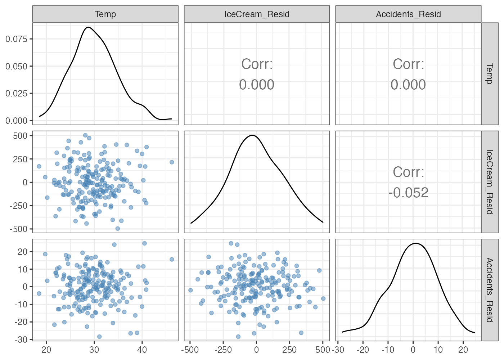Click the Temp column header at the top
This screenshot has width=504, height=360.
coord(105,14)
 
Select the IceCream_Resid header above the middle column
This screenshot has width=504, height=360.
coord(257,14)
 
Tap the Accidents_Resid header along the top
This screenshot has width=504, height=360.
coord(408,14)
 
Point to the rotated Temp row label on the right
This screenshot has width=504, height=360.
coord(490,74)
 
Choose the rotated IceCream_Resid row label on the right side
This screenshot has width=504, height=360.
coord(490,182)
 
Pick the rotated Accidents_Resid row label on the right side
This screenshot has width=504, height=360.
coord(490,290)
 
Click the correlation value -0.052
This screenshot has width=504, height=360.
coord(408,193)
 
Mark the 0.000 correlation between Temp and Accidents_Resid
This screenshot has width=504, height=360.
coord(408,85)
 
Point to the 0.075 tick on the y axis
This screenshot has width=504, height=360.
coord(17,39)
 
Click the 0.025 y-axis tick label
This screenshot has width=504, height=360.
coord(17,94)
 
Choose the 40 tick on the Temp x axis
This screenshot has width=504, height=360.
coord(142,350)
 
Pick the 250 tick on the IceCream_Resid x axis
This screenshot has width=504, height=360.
coord(289,350)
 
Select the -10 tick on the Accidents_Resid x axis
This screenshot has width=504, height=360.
coord(388,350)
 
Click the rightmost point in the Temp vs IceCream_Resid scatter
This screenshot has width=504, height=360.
coord(172,162)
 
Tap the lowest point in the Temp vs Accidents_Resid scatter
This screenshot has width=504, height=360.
coord(99,337)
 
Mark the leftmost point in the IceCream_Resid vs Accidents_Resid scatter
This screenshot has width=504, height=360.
coord(190,290)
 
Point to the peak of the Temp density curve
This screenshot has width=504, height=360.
coord(87,27)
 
